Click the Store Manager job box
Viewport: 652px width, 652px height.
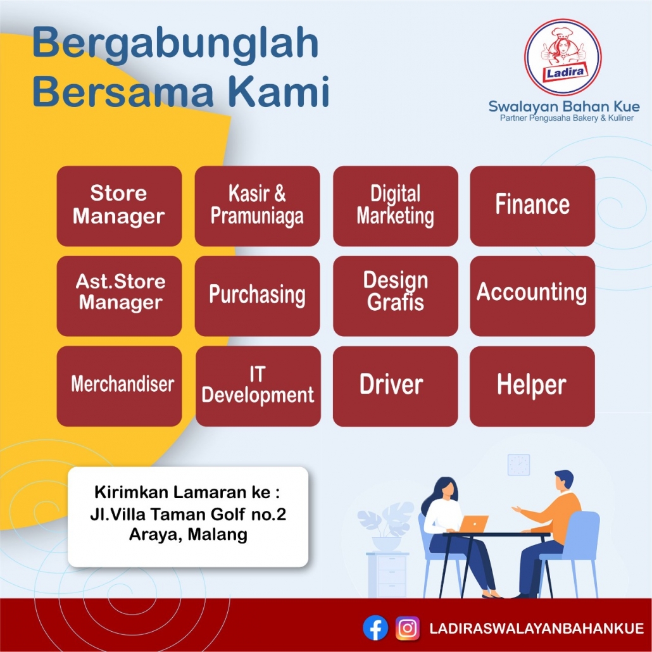[x=119, y=206]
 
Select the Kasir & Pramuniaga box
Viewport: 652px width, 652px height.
[x=257, y=206]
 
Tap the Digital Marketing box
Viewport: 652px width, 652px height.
[x=396, y=206]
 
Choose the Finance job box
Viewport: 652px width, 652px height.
[x=532, y=206]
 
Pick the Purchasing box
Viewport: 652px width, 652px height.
[x=257, y=296]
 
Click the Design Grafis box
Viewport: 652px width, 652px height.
[x=396, y=296]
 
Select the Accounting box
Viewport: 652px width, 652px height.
[x=532, y=296]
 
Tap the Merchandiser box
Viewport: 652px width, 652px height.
[x=119, y=386]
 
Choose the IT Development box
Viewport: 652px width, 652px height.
[x=258, y=386]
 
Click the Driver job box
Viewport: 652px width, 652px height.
[x=396, y=386]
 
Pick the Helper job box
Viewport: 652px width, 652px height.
[x=532, y=386]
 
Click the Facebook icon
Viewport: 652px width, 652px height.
[x=375, y=627]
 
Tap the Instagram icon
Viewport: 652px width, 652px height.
[x=407, y=627]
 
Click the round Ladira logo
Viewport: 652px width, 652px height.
[x=563, y=57]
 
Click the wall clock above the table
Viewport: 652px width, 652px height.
[x=518, y=465]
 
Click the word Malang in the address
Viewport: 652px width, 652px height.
[x=218, y=534]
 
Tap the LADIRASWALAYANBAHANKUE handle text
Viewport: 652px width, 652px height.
[x=536, y=628]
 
